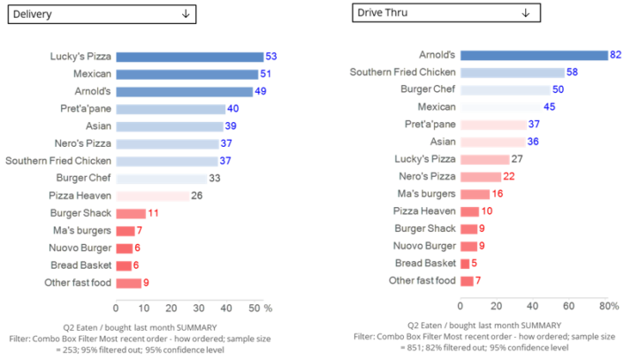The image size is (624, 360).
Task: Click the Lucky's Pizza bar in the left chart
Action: point(189,57)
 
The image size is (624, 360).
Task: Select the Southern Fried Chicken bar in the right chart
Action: point(512,73)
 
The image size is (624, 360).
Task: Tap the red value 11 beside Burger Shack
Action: point(153,214)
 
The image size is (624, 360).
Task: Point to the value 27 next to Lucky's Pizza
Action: point(517,159)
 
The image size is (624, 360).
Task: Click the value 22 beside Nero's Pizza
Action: point(509,177)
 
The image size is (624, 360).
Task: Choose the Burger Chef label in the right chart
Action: point(427,89)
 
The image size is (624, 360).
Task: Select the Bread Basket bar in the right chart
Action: point(464,264)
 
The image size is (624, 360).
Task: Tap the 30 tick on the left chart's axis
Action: point(199,308)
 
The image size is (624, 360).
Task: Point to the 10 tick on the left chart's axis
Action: point(143,308)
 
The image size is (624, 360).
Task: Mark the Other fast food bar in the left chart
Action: point(128,283)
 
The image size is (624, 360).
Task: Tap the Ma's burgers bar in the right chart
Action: point(475,194)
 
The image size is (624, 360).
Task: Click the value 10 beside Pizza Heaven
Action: point(487,211)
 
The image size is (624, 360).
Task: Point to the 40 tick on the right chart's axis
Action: point(533,306)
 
